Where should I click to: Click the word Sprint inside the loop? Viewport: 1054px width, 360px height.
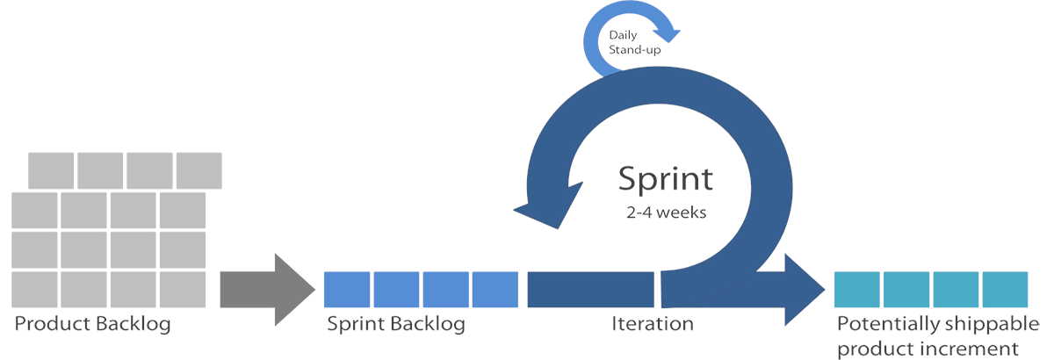pyautogui.click(x=666, y=180)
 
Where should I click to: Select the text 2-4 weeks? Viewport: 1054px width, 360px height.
pyautogui.click(x=667, y=212)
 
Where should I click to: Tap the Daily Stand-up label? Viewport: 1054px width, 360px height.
pyautogui.click(x=634, y=42)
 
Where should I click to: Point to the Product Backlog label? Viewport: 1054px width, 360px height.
pyautogui.click(x=93, y=325)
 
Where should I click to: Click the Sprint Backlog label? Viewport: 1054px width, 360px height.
pyautogui.click(x=396, y=325)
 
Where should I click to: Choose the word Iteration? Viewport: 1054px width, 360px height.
pyautogui.click(x=653, y=324)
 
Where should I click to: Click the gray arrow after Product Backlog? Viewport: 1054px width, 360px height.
pyautogui.click(x=267, y=290)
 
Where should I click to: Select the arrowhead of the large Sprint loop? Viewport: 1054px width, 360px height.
pyautogui.click(x=548, y=206)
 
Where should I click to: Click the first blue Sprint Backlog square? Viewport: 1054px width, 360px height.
pyautogui.click(x=347, y=290)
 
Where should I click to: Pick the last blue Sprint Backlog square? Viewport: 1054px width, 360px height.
pyautogui.click(x=495, y=290)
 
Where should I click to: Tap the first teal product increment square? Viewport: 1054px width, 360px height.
pyautogui.click(x=857, y=290)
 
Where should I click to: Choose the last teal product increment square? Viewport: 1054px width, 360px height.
pyautogui.click(x=1005, y=290)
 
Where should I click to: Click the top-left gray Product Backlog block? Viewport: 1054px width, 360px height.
pyautogui.click(x=51, y=170)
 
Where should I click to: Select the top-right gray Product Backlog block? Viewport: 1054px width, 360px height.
pyautogui.click(x=199, y=170)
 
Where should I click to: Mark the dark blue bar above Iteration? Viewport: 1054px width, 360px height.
pyautogui.click(x=590, y=290)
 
